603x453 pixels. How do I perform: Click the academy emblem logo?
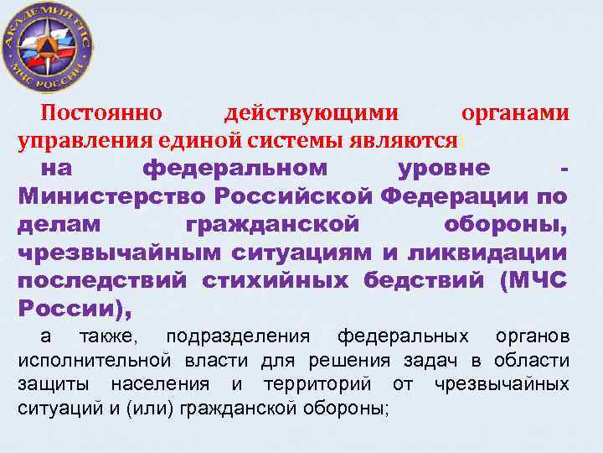tap(49, 49)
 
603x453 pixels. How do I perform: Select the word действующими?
tap(312, 112)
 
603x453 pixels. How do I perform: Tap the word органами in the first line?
tap(516, 112)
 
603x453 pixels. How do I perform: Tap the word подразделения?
tap(238, 337)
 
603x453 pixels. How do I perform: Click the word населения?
tap(160, 385)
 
